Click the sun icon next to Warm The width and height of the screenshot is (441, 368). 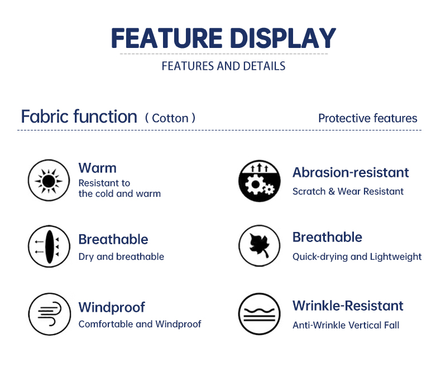[49, 181]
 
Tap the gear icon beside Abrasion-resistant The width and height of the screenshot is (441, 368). [260, 181]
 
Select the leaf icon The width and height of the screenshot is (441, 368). [260, 245]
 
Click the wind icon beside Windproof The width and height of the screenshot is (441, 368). [50, 314]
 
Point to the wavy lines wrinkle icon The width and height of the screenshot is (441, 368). [260, 314]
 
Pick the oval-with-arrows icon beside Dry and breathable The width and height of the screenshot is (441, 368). [49, 246]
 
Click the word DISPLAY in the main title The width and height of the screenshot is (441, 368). [283, 38]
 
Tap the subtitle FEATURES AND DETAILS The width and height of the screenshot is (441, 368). [224, 66]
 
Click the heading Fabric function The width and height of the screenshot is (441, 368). [79, 117]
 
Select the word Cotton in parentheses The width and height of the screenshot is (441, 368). [170, 118]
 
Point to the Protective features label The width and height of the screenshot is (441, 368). [368, 118]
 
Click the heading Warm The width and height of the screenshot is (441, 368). [97, 168]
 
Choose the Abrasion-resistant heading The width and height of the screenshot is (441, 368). [351, 172]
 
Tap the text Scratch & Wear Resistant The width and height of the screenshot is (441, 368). [348, 191]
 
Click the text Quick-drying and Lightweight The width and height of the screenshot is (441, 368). [357, 256]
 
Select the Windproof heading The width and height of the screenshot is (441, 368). [112, 307]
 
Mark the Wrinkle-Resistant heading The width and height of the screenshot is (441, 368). [348, 306]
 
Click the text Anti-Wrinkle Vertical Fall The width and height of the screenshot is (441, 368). [346, 325]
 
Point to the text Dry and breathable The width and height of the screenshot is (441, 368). [121, 256]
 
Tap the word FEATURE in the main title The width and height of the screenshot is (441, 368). [167, 38]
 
